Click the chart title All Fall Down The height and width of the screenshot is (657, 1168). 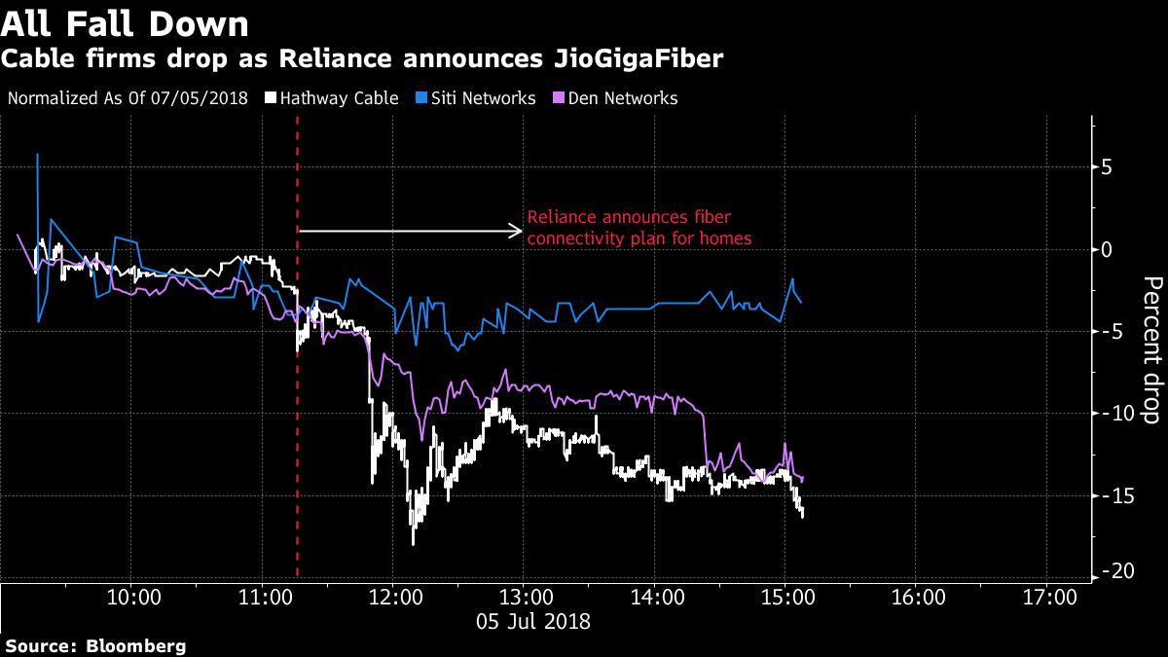point(125,22)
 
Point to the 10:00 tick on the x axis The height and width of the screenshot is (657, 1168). point(131,596)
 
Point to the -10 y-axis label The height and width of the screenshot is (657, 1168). point(1115,414)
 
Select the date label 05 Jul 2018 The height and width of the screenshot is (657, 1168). point(532,619)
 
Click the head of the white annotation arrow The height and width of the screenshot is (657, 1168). point(521,231)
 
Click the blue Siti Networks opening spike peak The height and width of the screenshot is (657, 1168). point(37,154)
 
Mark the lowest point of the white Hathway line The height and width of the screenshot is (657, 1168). point(413,543)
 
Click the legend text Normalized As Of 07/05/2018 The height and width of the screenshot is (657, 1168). point(128,98)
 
